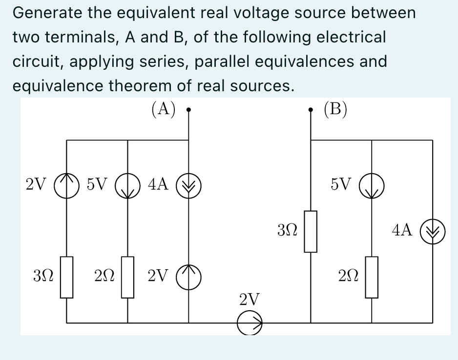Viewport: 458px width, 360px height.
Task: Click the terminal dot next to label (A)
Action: (x=189, y=110)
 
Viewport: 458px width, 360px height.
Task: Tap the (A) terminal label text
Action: (x=163, y=108)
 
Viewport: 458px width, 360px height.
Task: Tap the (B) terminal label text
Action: (x=336, y=108)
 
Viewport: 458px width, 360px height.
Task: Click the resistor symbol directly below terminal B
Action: (x=311, y=231)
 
